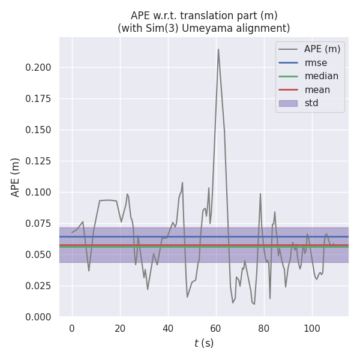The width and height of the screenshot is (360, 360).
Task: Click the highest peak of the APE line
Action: click(x=218, y=49)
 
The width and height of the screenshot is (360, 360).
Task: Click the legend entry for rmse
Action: click(x=316, y=62)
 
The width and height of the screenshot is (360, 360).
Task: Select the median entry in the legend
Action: click(x=321, y=76)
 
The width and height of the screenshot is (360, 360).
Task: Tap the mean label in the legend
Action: click(x=317, y=90)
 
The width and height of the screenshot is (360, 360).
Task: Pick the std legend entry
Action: click(x=311, y=103)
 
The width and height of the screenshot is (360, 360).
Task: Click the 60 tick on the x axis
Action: click(x=216, y=328)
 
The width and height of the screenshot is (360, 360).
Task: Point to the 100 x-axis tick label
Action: click(x=311, y=328)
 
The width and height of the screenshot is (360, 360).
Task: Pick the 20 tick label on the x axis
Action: click(x=120, y=328)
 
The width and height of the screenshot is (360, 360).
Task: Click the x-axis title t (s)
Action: click(x=204, y=344)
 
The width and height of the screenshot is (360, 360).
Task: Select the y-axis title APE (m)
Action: click(x=16, y=177)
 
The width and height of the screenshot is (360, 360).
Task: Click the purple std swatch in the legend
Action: click(x=289, y=103)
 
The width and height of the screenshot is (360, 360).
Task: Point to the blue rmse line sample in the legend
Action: click(x=289, y=62)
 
